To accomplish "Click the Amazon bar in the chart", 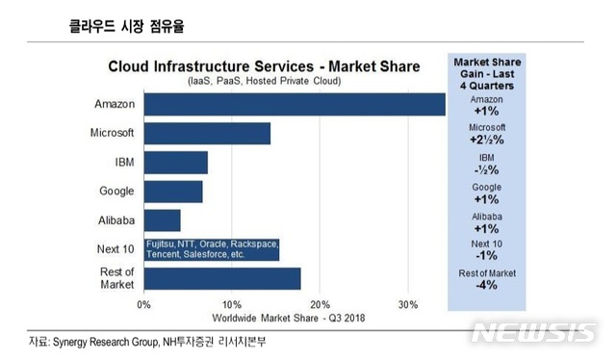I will pyautogui.click(x=295, y=104).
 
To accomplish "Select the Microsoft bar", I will pyautogui.click(x=207, y=133).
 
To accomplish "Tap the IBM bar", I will pyautogui.click(x=175, y=163).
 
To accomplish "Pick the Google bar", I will pyautogui.click(x=173, y=192).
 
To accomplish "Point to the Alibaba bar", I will pyautogui.click(x=162, y=220).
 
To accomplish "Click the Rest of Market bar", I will pyautogui.click(x=222, y=278).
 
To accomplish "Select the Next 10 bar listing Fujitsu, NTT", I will pyautogui.click(x=212, y=249).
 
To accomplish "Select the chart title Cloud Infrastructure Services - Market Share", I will pyautogui.click(x=264, y=66).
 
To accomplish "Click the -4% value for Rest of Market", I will pyautogui.click(x=485, y=287).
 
